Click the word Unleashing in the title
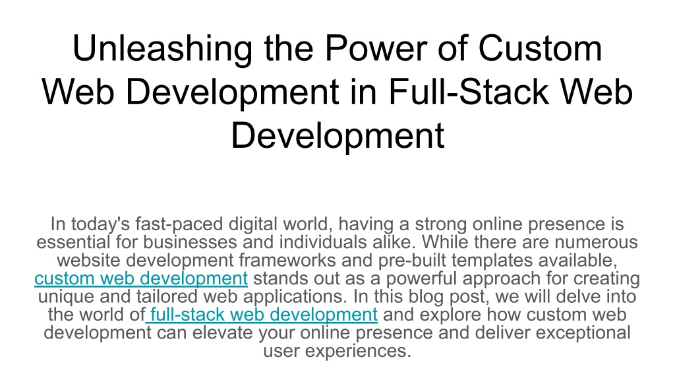pos(162,48)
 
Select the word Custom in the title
pos(540,47)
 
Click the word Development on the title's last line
pos(337,135)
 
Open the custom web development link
pos(141,278)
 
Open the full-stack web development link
pos(262,315)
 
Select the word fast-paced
pos(179,224)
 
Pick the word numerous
pos(596,243)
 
